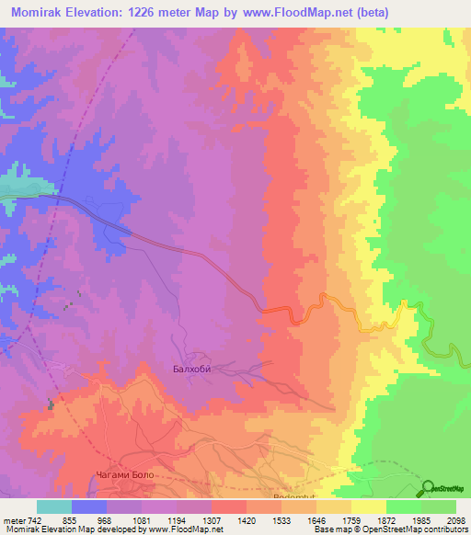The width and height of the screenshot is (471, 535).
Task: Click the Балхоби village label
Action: click(192, 370)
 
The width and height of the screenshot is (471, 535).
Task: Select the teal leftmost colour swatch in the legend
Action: click(54, 507)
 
